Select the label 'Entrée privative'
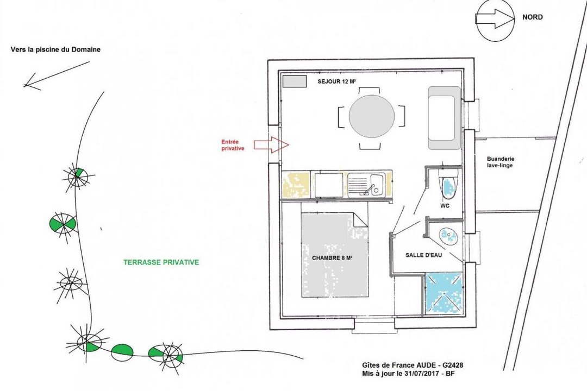[233, 145]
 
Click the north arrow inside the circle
[494, 18]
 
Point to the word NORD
[532, 17]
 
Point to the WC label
[445, 206]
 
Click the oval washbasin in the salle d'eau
[448, 236]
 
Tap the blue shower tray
[444, 293]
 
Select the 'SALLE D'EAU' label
[424, 255]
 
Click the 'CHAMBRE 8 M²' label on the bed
[333, 258]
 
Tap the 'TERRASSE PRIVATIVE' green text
[161, 262]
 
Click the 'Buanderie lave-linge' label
[501, 162]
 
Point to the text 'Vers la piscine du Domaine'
[56, 49]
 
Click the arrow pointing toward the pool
[57, 76]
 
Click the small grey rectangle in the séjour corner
[294, 81]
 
